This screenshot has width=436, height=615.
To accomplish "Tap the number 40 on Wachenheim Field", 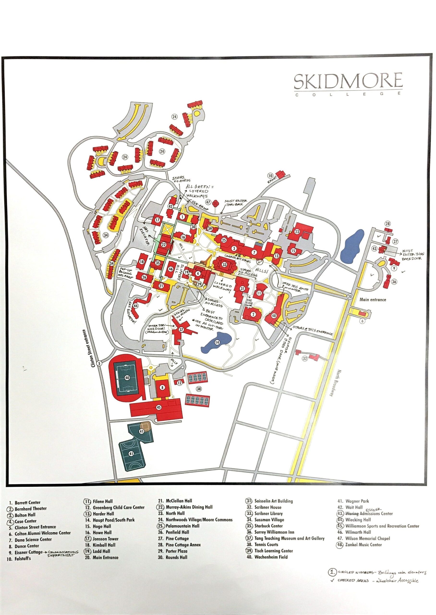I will [x=127, y=378].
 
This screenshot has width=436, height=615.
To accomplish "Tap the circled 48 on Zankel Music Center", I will [x=274, y=316].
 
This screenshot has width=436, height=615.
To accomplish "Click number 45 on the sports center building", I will [x=159, y=407].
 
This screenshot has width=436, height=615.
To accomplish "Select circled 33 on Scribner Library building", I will [x=224, y=265].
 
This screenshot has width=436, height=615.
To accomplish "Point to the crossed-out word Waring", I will [x=352, y=514].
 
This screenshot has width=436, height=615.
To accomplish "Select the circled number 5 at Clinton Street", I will [x=99, y=364].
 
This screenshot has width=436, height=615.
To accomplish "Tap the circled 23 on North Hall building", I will [x=297, y=232].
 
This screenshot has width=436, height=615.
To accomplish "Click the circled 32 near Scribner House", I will [x=304, y=358].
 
